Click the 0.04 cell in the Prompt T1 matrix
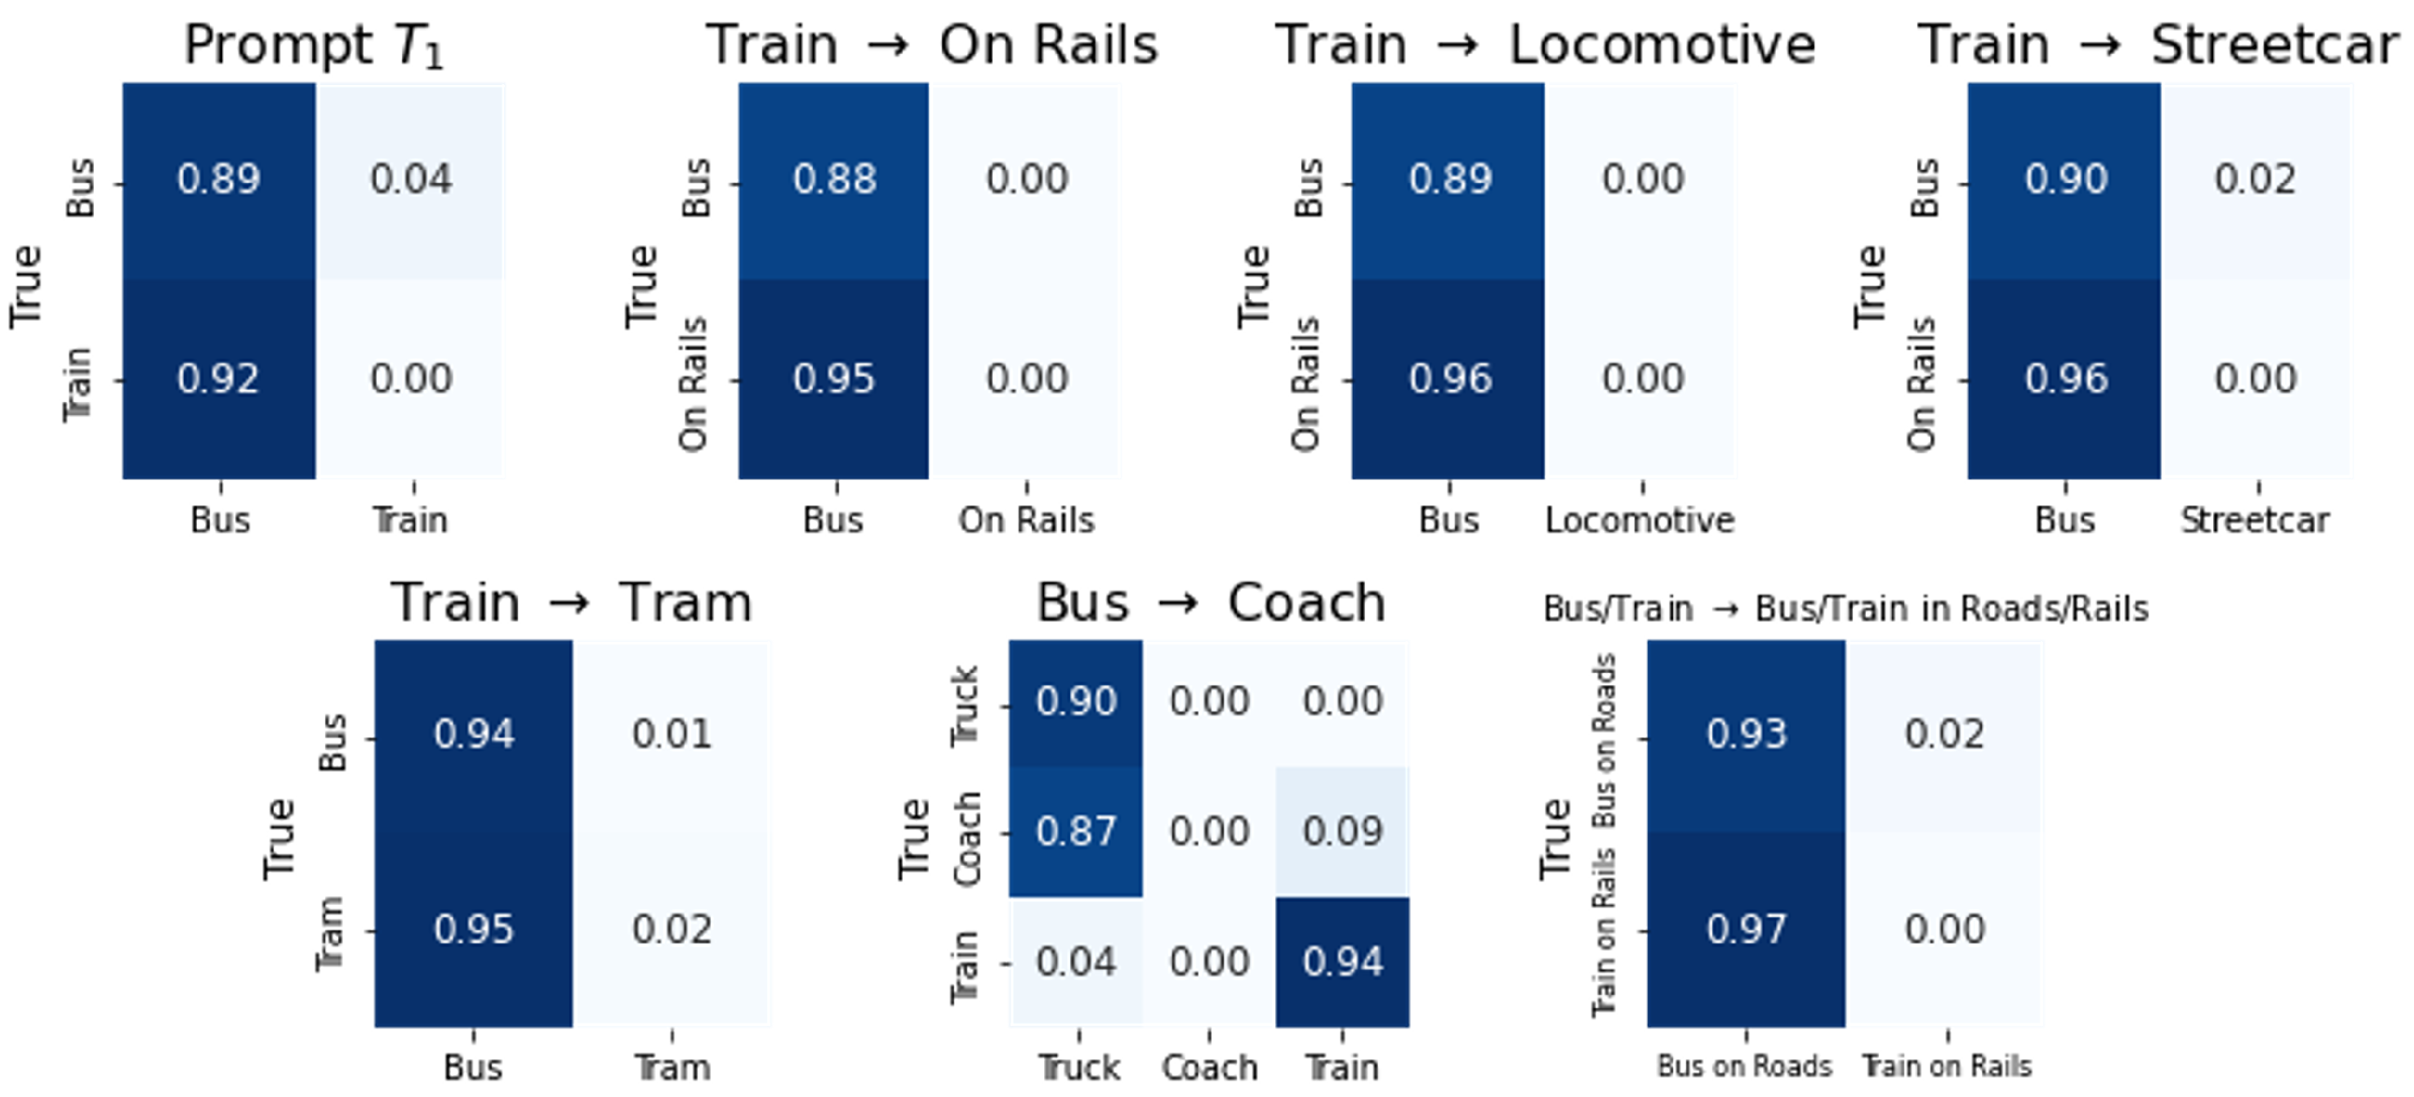point(410,180)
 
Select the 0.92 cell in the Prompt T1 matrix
point(218,379)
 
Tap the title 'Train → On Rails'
point(931,45)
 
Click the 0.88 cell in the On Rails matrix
point(834,180)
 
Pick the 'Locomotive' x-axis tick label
point(1639,520)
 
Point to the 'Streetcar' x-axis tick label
point(2255,520)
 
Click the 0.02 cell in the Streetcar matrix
point(2255,180)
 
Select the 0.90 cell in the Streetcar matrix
point(2064,180)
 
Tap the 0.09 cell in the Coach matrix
point(1342,831)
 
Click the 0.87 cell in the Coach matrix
point(1076,831)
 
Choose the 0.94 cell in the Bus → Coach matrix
point(1342,962)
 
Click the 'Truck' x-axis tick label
point(1078,1067)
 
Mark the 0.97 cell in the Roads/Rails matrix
point(1746,930)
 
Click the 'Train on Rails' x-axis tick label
point(1947,1066)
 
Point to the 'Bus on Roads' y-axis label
point(1604,740)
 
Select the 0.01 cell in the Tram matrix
point(671,734)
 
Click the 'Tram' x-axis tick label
point(672,1067)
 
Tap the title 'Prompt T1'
point(313,45)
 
